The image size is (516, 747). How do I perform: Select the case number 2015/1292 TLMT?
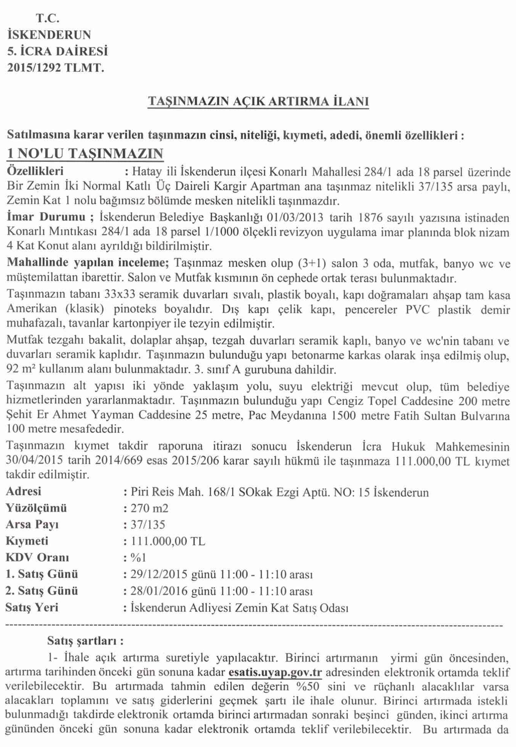click(56, 68)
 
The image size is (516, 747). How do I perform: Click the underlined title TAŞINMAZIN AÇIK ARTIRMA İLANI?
click(258, 101)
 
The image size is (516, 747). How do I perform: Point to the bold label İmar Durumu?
click(46, 217)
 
